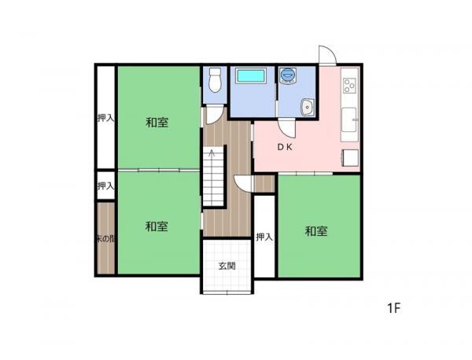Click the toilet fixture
click(x=215, y=79)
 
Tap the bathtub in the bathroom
click(x=252, y=75)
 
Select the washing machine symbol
click(x=288, y=75)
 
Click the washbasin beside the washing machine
click(x=308, y=107)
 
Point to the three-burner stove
click(x=350, y=85)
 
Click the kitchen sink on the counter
click(x=349, y=119)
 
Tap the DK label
click(x=285, y=147)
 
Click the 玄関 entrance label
click(x=227, y=266)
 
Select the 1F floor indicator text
click(x=394, y=308)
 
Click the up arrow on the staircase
click(x=212, y=153)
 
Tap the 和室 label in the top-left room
click(x=157, y=123)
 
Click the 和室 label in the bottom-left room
click(x=157, y=226)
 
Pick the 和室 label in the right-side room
click(x=316, y=231)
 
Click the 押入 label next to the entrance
click(x=264, y=237)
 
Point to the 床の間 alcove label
click(x=105, y=239)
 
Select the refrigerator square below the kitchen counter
click(x=351, y=157)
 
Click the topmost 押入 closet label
click(x=105, y=118)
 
